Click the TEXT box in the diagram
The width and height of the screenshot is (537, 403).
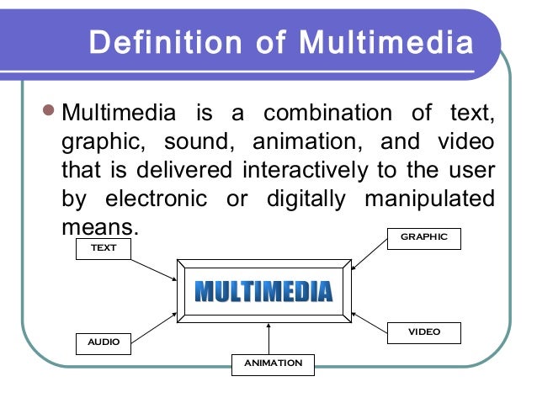coord(104,248)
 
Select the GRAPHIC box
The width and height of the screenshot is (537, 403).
coord(423,237)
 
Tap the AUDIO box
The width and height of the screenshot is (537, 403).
coord(104,342)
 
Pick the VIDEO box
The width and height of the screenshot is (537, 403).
coord(423,332)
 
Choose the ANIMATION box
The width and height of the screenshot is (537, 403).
coord(273,363)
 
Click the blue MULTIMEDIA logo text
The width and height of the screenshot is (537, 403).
coord(263,291)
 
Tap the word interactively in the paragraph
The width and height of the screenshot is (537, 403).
coord(304,170)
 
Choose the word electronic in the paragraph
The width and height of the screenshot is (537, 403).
coord(155,199)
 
